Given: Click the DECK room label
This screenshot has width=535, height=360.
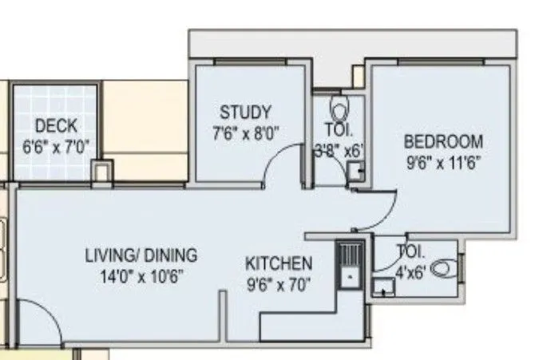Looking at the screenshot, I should [56, 126].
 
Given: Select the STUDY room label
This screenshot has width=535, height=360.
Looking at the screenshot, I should [245, 112].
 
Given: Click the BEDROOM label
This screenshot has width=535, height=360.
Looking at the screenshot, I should [443, 142].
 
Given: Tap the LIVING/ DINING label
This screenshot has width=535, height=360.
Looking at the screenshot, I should [141, 255].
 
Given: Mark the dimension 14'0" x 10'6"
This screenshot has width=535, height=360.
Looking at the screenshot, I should [141, 276].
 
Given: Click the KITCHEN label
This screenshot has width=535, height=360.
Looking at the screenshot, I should [278, 263].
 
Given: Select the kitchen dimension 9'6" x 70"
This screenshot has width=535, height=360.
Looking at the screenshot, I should [278, 283].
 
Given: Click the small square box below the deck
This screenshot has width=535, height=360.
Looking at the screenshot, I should [101, 170].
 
